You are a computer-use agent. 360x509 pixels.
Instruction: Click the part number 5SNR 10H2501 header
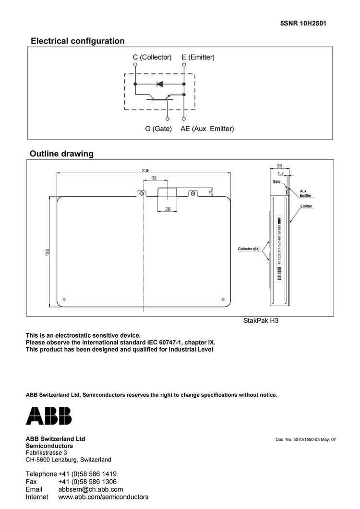(x=303, y=23)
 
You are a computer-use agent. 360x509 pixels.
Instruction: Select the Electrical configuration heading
(x=77, y=41)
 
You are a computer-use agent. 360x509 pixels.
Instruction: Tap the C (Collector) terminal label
(x=152, y=57)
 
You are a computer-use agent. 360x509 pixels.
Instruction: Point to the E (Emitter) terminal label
(x=198, y=57)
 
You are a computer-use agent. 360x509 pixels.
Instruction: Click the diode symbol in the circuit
(x=160, y=84)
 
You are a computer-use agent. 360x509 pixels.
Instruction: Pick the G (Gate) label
(x=158, y=129)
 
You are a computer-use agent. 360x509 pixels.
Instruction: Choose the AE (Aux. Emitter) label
(x=207, y=129)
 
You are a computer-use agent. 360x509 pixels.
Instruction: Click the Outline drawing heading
(x=61, y=154)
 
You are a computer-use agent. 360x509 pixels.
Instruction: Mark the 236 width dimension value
(x=145, y=170)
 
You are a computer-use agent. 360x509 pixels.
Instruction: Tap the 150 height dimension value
(x=48, y=251)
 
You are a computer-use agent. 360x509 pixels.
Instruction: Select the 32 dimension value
(x=154, y=178)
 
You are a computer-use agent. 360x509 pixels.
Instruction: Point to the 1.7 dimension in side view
(x=280, y=173)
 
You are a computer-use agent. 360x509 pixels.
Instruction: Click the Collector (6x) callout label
(x=249, y=249)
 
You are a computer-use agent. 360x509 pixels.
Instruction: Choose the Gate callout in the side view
(x=276, y=182)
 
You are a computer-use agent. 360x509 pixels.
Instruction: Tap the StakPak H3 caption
(x=261, y=320)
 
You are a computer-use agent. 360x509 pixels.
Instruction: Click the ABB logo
(x=48, y=415)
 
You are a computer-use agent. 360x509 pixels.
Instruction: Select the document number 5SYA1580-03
(x=305, y=439)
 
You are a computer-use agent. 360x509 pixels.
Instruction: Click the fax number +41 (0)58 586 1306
(x=87, y=482)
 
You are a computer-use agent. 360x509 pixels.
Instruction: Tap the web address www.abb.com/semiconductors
(x=103, y=497)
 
